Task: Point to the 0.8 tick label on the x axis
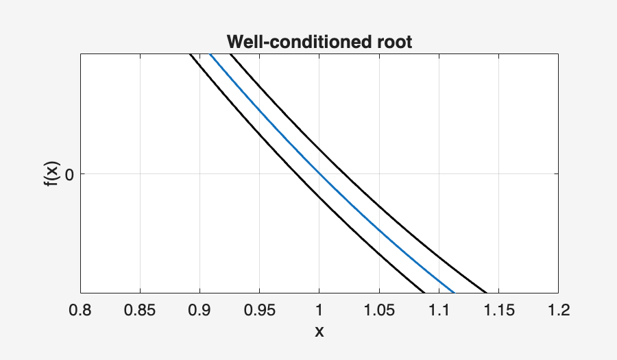[x=81, y=311]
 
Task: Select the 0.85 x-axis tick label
[x=140, y=311]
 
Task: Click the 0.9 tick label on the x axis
[x=199, y=311]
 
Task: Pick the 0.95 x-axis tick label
[x=259, y=311]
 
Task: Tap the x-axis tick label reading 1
[x=319, y=311]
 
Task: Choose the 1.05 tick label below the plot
[x=378, y=311]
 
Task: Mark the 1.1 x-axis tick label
[x=438, y=311]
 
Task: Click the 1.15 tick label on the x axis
[x=498, y=311]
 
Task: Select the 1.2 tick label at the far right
[x=559, y=311]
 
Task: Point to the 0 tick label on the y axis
[x=69, y=174]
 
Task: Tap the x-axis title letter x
[x=319, y=333]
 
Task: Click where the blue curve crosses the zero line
[x=319, y=173]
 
